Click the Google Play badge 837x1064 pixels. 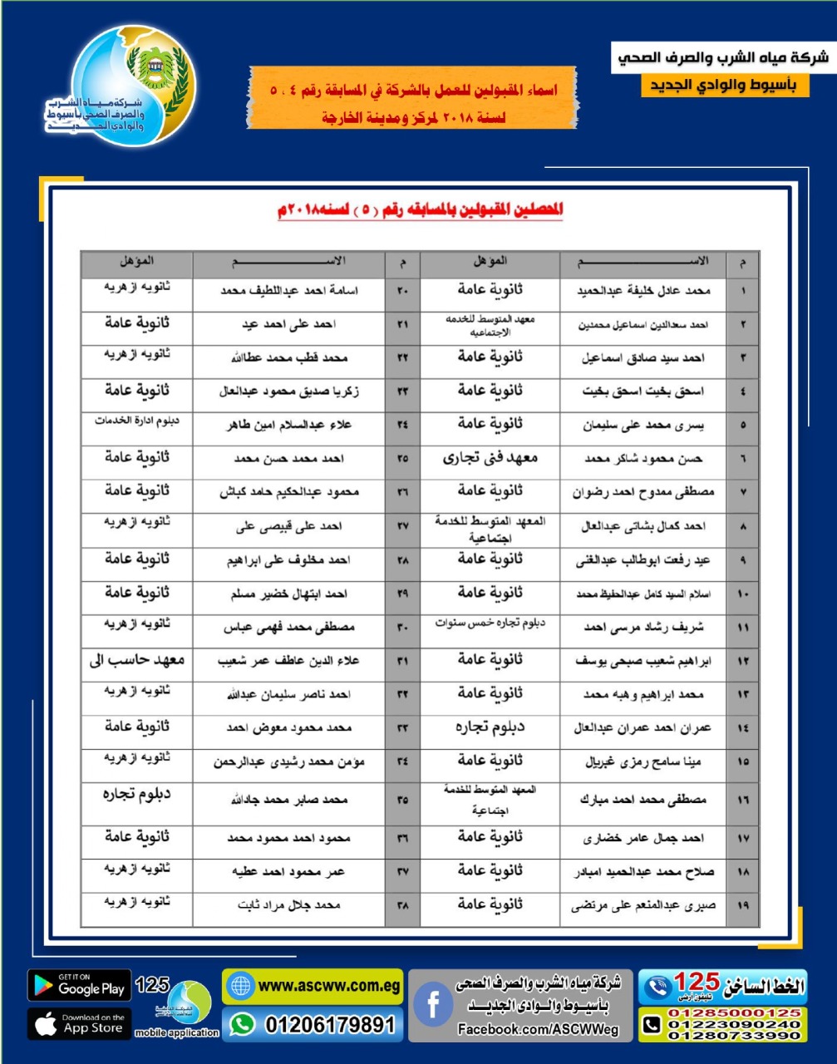pos(80,986)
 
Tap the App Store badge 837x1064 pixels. pos(80,1024)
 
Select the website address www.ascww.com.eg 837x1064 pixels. pos(313,987)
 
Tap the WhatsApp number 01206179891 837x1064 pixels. pos(313,1025)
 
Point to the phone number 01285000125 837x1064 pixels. pos(734,1013)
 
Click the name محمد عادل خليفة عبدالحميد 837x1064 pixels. pos(643,291)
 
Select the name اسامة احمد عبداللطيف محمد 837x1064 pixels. pos(289,291)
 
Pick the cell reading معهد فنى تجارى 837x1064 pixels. pos(490,458)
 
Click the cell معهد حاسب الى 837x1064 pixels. pos(137,661)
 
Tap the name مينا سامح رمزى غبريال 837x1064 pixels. pos(643,761)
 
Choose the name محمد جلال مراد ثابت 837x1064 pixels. pos(289,905)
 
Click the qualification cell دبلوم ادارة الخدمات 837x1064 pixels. pos(137,421)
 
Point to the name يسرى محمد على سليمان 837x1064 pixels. pos(643,425)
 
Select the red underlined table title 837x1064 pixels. pos(420,209)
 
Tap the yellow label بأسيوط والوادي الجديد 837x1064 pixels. pos(724,86)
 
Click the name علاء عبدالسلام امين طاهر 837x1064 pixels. pos(289,425)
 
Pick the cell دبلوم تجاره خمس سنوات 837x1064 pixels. pos(490,623)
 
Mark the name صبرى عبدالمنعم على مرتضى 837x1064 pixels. pos(643,905)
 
